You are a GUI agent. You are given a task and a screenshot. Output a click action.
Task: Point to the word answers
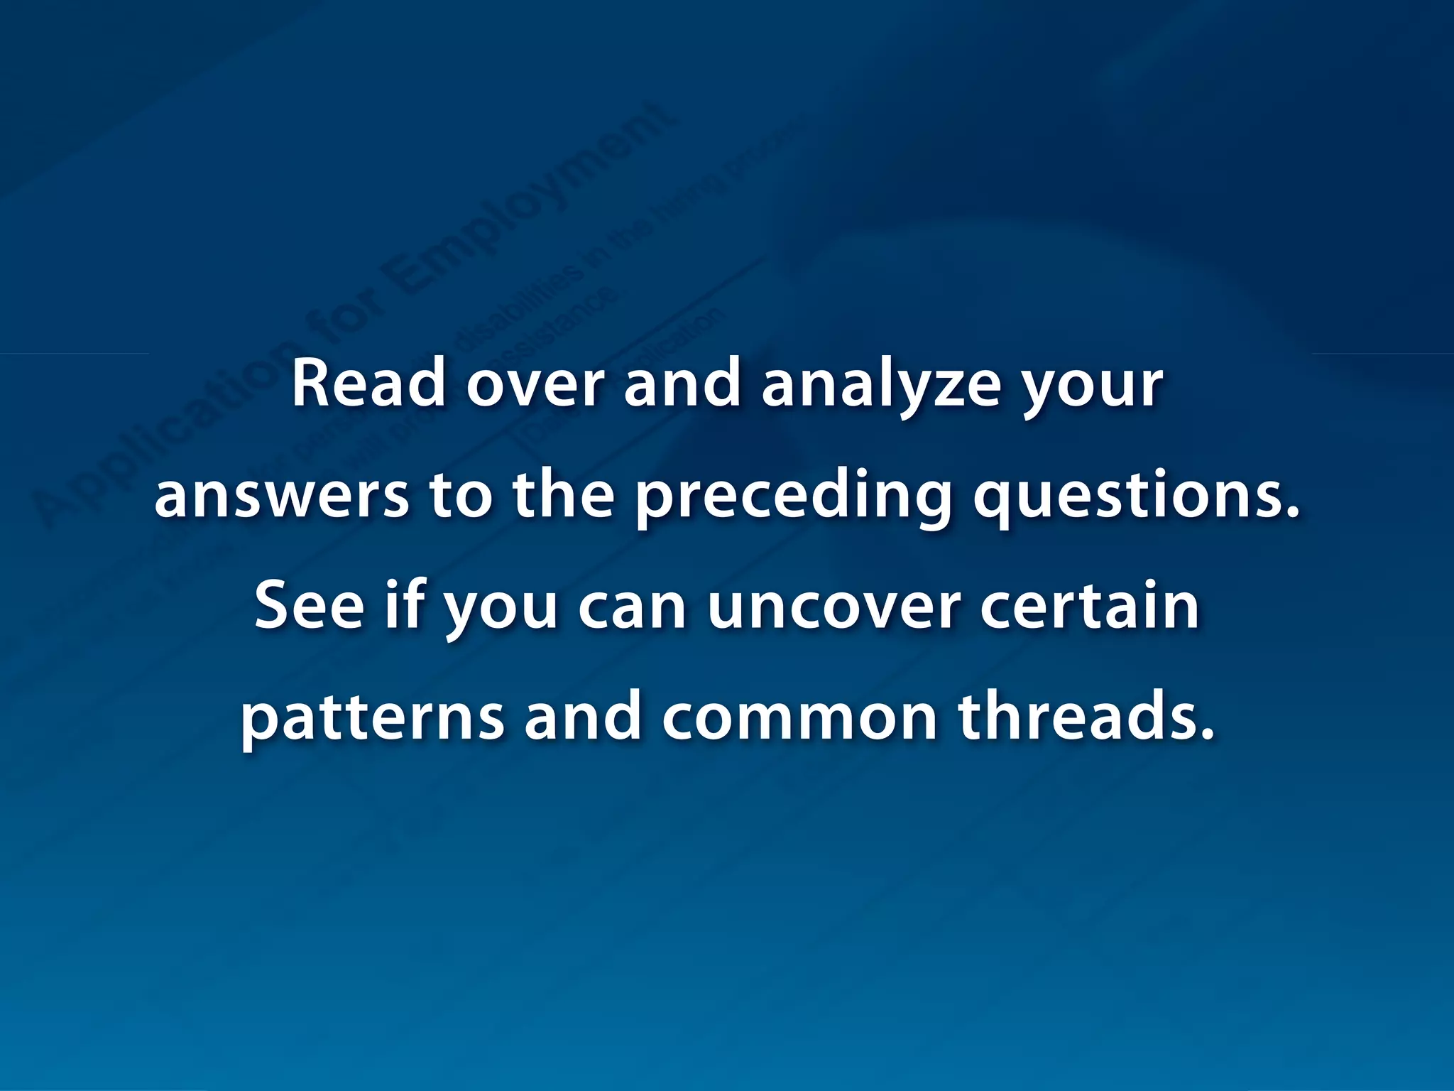click(x=281, y=496)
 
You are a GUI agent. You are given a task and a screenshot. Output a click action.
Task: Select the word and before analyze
click(x=682, y=384)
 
